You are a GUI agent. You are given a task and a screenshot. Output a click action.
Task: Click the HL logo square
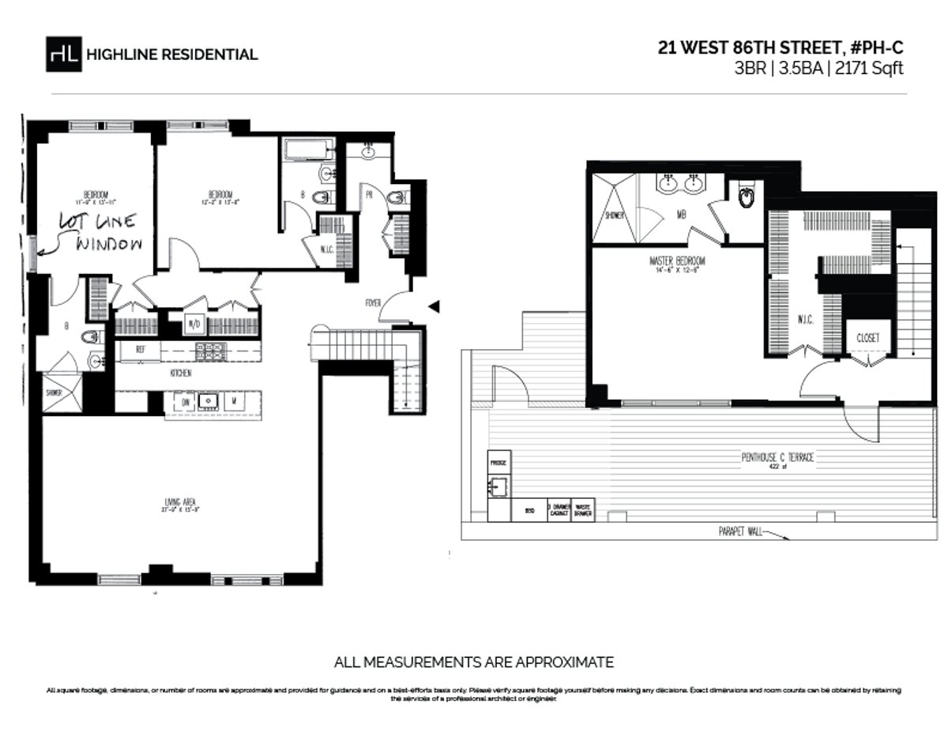[62, 53]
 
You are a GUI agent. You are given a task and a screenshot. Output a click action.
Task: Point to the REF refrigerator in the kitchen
[140, 349]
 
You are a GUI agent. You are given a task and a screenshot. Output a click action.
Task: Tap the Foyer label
[373, 302]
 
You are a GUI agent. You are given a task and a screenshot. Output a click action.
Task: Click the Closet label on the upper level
[867, 337]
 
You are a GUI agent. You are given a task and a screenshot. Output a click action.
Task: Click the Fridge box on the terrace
[498, 461]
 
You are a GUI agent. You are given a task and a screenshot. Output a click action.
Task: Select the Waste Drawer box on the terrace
[585, 510]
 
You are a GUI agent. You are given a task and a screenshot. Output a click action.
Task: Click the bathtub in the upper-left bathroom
[306, 149]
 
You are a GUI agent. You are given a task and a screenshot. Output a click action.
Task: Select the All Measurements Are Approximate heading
[474, 662]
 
